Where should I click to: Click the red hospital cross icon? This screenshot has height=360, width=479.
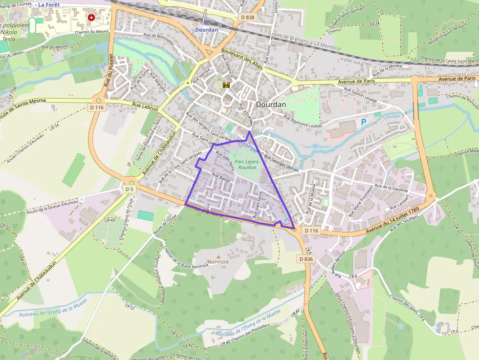tap(91, 17)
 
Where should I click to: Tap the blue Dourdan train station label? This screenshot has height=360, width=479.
tap(206, 29)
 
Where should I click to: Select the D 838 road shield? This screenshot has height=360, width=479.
tap(248, 17)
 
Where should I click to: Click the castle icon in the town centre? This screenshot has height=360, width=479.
tap(226, 85)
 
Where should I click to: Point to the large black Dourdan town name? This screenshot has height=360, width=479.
tap(270, 104)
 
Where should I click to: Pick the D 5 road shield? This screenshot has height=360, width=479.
tap(129, 189)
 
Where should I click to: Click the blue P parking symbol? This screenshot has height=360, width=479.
tap(363, 122)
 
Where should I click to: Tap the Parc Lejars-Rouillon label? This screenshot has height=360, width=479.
tap(245, 164)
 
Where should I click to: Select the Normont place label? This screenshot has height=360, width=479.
tap(218, 262)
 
